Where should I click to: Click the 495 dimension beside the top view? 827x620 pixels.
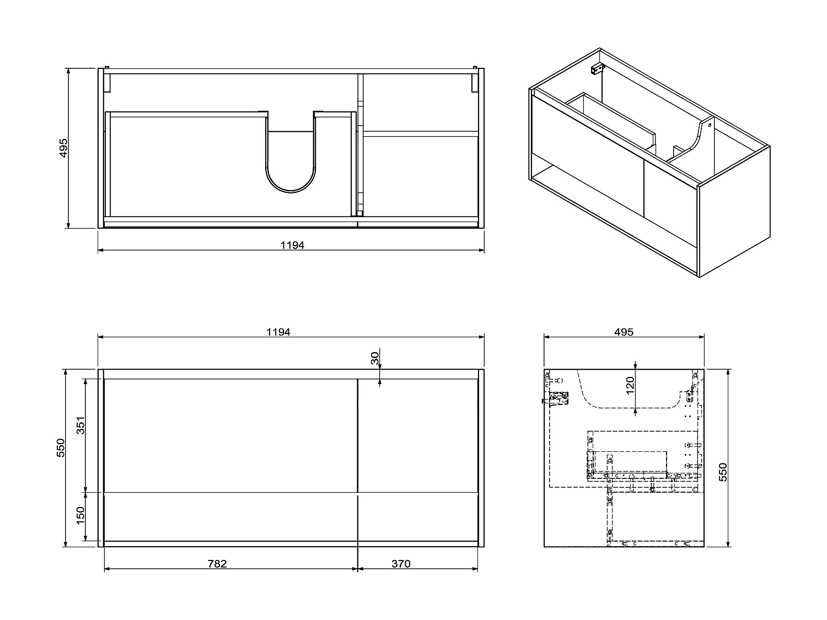pos(63,148)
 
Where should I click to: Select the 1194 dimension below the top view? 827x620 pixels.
pos(292,245)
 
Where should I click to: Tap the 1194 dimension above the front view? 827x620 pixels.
pos(278,332)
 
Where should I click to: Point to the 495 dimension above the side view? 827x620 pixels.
pos(624,332)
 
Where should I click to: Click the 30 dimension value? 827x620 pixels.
pos(375,359)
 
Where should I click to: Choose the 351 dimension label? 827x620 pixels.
pos(80,425)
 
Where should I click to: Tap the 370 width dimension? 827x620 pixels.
pos(401,564)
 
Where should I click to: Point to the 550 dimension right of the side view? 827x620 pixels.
pos(723,472)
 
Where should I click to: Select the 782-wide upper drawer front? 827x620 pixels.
pos(230,435)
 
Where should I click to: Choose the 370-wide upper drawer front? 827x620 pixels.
pos(417,435)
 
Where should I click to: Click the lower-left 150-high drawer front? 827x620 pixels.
pos(230,516)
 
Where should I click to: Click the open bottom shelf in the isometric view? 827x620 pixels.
pos(606,207)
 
